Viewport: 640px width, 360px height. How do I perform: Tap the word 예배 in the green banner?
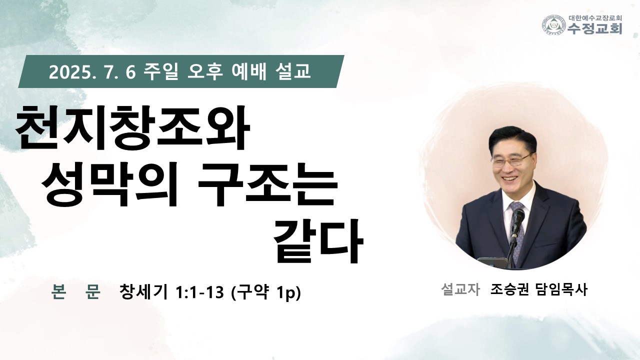(x=248, y=71)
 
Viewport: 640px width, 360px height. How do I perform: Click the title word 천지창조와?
(x=133, y=127)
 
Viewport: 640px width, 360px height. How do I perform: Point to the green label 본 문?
(x=76, y=291)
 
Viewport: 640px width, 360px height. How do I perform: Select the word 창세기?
(x=143, y=291)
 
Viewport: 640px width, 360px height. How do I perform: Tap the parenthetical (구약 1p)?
(x=265, y=292)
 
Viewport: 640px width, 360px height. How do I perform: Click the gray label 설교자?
(x=460, y=289)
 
